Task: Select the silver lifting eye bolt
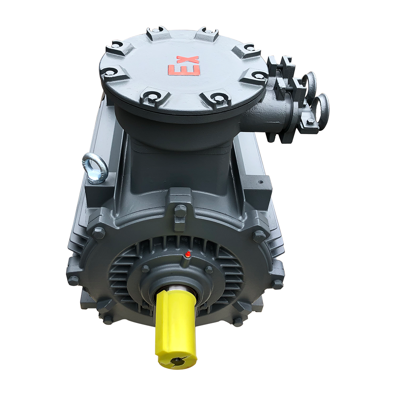coord(94,167)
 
